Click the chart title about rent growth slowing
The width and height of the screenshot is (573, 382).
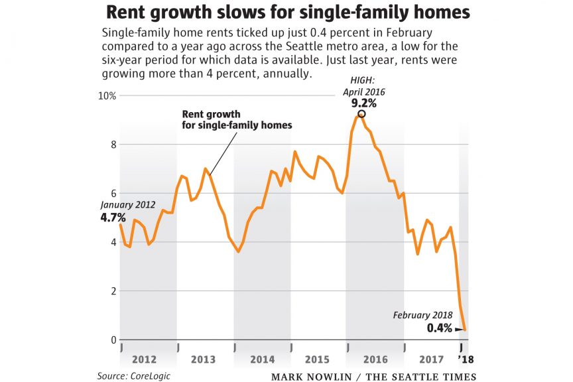click(x=286, y=13)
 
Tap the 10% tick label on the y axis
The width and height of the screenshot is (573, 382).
click(x=108, y=95)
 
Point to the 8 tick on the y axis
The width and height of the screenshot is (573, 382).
click(x=113, y=145)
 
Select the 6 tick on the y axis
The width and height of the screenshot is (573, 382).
click(x=113, y=193)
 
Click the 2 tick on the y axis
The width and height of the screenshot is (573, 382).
click(x=113, y=291)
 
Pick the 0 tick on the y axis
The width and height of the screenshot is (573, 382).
click(x=113, y=340)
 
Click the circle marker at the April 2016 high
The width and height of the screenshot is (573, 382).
click(x=361, y=114)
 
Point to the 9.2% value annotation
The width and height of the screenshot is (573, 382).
click(x=364, y=103)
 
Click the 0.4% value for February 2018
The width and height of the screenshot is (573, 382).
click(x=440, y=328)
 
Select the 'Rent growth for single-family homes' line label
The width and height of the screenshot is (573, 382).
click(x=237, y=119)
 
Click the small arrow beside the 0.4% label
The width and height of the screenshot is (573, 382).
click(x=459, y=328)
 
